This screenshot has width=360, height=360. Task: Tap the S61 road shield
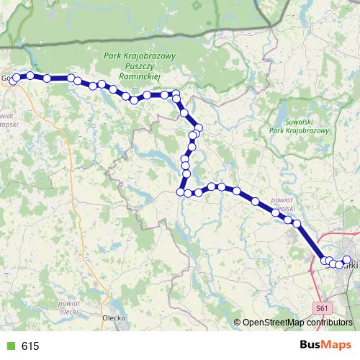click(323, 308)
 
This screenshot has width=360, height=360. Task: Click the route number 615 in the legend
click(30, 346)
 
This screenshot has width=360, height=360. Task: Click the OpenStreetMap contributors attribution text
click(297, 322)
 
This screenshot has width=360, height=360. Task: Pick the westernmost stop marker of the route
click(12, 81)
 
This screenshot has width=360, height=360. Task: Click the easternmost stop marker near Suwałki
click(346, 259)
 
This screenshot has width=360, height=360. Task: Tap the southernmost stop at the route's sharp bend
click(181, 192)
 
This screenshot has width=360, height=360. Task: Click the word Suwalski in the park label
click(297, 122)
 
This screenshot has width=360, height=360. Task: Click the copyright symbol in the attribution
click(238, 322)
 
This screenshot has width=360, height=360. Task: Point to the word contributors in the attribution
click(328, 322)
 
